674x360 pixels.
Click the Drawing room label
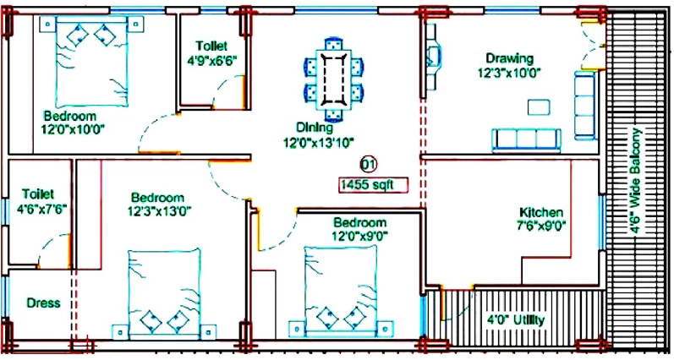coord(509,58)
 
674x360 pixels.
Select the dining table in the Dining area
coord(333,79)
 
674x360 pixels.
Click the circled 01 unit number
coord(368,164)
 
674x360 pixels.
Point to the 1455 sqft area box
coord(373,185)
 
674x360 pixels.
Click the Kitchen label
coord(540,212)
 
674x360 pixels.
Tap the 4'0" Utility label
coord(515,319)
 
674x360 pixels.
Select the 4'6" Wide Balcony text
coord(635,181)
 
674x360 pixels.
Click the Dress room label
coord(43,303)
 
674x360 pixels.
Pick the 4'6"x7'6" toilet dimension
coord(41,209)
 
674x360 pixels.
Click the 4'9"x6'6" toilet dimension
coord(212,60)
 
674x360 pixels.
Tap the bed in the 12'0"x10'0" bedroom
coord(91,62)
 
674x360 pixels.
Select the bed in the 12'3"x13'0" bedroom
coord(164,293)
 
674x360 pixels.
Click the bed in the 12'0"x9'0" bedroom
coord(341,291)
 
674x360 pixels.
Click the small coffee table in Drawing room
coord(539,107)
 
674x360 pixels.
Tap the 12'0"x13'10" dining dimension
coord(318,142)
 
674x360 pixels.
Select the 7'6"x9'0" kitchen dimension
coord(540,225)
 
